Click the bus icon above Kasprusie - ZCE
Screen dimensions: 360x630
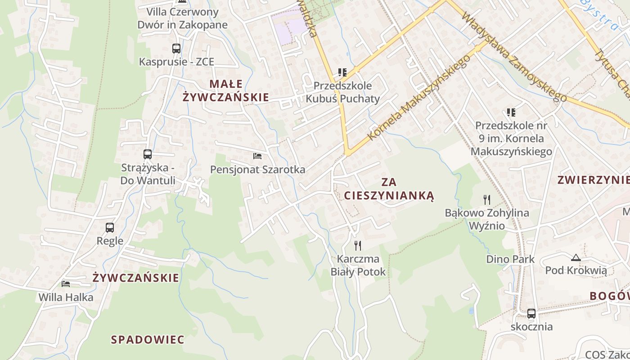pyautogui.click(x=176, y=49)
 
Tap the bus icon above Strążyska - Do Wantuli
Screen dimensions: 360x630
pyautogui.click(x=148, y=154)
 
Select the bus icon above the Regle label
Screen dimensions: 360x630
pyautogui.click(x=110, y=228)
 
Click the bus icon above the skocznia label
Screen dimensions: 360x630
pyautogui.click(x=531, y=314)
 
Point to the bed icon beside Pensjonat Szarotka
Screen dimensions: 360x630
pyautogui.click(x=257, y=156)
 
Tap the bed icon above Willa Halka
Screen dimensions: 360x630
pyautogui.click(x=66, y=284)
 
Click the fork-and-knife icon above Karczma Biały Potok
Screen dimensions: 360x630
pyautogui.click(x=358, y=245)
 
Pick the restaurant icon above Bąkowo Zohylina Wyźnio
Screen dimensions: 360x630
pyautogui.click(x=487, y=199)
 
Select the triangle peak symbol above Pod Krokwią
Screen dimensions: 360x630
pyautogui.click(x=576, y=258)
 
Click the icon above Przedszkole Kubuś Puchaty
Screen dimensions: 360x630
pyautogui.click(x=342, y=72)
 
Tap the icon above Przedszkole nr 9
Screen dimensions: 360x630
pyautogui.click(x=511, y=112)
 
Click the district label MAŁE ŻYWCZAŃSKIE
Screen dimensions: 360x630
pyautogui.click(x=226, y=90)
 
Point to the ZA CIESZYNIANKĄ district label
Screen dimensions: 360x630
pyautogui.click(x=389, y=189)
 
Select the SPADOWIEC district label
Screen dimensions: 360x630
pyautogui.click(x=148, y=339)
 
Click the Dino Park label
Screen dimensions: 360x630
pyautogui.click(x=510, y=259)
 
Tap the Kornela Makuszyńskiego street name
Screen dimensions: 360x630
pyautogui.click(x=418, y=98)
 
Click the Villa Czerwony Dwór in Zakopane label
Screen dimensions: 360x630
pyautogui.click(x=183, y=18)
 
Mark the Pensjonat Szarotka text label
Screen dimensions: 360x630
pyautogui.click(x=258, y=170)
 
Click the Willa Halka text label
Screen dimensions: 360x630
pyautogui.click(x=66, y=297)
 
